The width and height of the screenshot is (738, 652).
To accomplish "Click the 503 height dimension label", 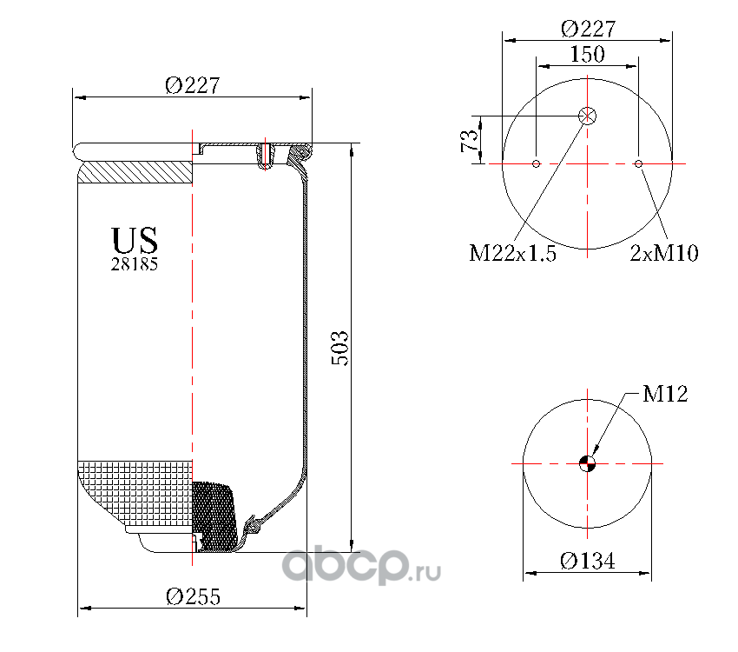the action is pyautogui.click(x=340, y=348).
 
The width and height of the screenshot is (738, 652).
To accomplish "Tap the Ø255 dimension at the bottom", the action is pyautogui.click(x=193, y=596).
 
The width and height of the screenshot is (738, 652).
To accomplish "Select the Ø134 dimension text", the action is pyautogui.click(x=588, y=561).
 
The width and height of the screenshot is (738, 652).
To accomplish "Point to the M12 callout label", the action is pyautogui.click(x=665, y=394).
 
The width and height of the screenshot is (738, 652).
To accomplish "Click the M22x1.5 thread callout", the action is pyautogui.click(x=512, y=253).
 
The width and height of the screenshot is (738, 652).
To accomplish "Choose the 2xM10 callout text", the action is pyautogui.click(x=664, y=253).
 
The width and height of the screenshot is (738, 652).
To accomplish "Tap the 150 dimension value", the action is pyautogui.click(x=588, y=54).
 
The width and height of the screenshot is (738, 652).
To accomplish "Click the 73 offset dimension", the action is pyautogui.click(x=469, y=140).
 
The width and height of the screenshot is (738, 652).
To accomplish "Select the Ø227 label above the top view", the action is pyautogui.click(x=589, y=29).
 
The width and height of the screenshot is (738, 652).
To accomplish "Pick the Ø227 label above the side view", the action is pyautogui.click(x=193, y=85).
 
